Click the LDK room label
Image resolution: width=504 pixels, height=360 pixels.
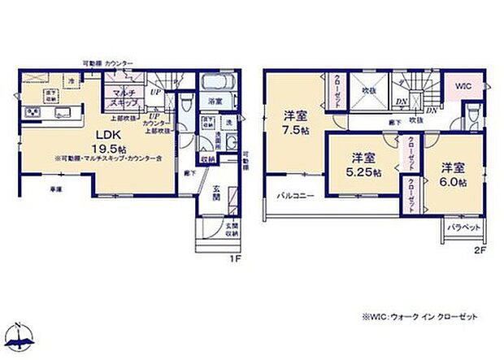tap(89, 136)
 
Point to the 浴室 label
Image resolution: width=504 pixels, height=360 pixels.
tap(215, 102)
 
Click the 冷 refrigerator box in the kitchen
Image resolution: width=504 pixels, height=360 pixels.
tap(72, 81)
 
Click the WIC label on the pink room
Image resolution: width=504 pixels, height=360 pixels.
tap(461, 86)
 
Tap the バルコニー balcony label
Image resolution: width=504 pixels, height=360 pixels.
tap(290, 195)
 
